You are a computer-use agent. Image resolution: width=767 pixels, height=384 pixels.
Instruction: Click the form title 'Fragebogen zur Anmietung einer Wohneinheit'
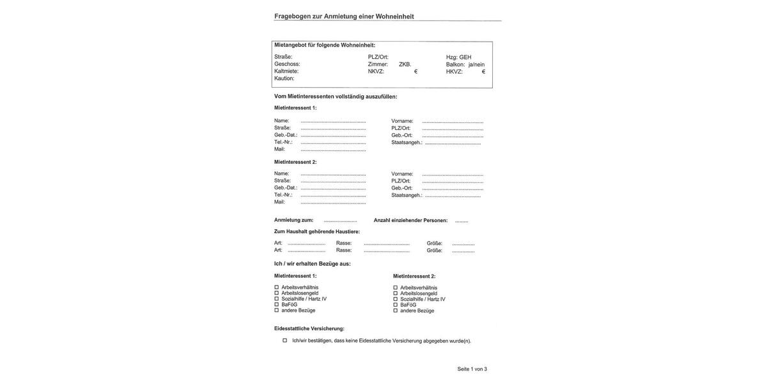pos(344,17)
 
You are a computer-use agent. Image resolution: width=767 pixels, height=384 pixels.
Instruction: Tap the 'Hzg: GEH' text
pos(458,57)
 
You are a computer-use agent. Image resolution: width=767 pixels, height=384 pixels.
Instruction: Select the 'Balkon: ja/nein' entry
pos(465,65)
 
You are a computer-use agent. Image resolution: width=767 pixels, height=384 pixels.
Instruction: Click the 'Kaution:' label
pos(284,78)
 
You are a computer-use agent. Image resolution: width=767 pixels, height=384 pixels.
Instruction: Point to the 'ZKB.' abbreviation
pos(405,65)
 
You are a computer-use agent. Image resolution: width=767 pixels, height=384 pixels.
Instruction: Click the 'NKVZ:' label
pos(376,72)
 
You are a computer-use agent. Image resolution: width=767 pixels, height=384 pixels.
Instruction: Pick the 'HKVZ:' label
pos(454,72)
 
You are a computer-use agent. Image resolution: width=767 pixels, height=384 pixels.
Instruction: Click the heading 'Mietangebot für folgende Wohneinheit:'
pos(325,45)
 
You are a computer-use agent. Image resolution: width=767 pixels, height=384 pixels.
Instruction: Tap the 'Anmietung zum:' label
pos(293,220)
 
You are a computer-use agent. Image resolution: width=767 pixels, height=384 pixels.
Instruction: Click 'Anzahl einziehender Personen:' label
pos(410,220)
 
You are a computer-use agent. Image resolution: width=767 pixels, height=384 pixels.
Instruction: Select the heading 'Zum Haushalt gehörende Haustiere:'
pos(316,232)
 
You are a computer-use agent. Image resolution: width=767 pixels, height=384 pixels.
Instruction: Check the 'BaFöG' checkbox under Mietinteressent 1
pos(277,305)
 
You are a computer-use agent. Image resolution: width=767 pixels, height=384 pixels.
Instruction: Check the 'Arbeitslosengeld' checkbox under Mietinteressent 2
pos(396,294)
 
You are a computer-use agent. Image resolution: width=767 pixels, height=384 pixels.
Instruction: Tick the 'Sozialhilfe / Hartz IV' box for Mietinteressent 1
pos(277,299)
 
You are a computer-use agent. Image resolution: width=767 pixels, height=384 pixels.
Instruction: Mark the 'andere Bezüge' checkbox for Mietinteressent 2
pos(396,310)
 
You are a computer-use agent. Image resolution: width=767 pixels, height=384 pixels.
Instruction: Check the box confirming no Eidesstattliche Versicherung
pos(285,340)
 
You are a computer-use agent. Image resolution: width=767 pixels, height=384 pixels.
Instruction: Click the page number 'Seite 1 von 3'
pos(472,369)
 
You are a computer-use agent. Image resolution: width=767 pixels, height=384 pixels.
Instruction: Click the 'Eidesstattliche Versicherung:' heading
pos(309,329)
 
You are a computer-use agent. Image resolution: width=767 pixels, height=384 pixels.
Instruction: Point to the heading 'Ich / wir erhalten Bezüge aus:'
pos(312,264)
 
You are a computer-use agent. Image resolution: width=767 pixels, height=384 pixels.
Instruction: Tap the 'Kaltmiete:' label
pos(286,71)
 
